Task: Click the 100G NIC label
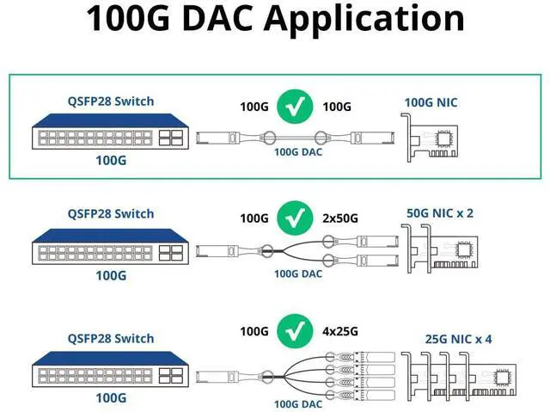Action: [x=431, y=103]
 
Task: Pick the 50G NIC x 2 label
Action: [x=439, y=212]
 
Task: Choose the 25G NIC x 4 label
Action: [x=459, y=338]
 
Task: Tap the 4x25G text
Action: [x=339, y=331]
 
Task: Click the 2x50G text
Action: [x=339, y=218]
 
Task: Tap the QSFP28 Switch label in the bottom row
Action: [x=111, y=338]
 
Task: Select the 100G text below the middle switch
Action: [x=111, y=275]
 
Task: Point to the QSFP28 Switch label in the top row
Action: [x=111, y=101]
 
